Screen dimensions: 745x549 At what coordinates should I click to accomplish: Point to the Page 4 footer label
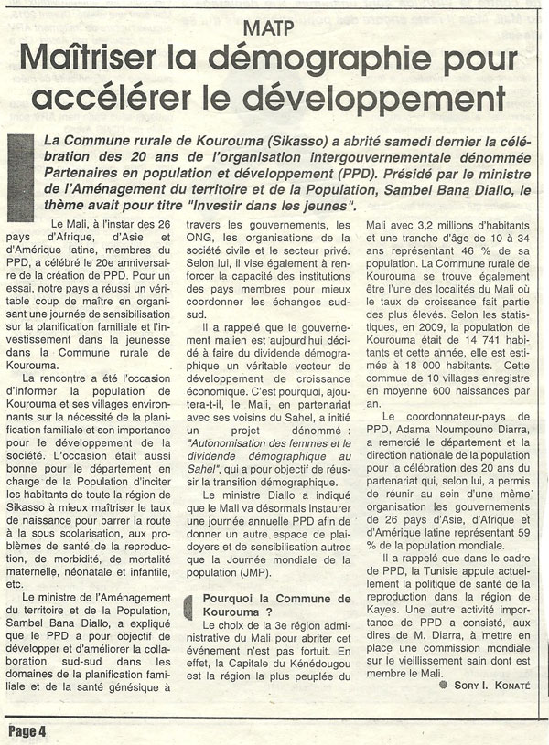(27, 729)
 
